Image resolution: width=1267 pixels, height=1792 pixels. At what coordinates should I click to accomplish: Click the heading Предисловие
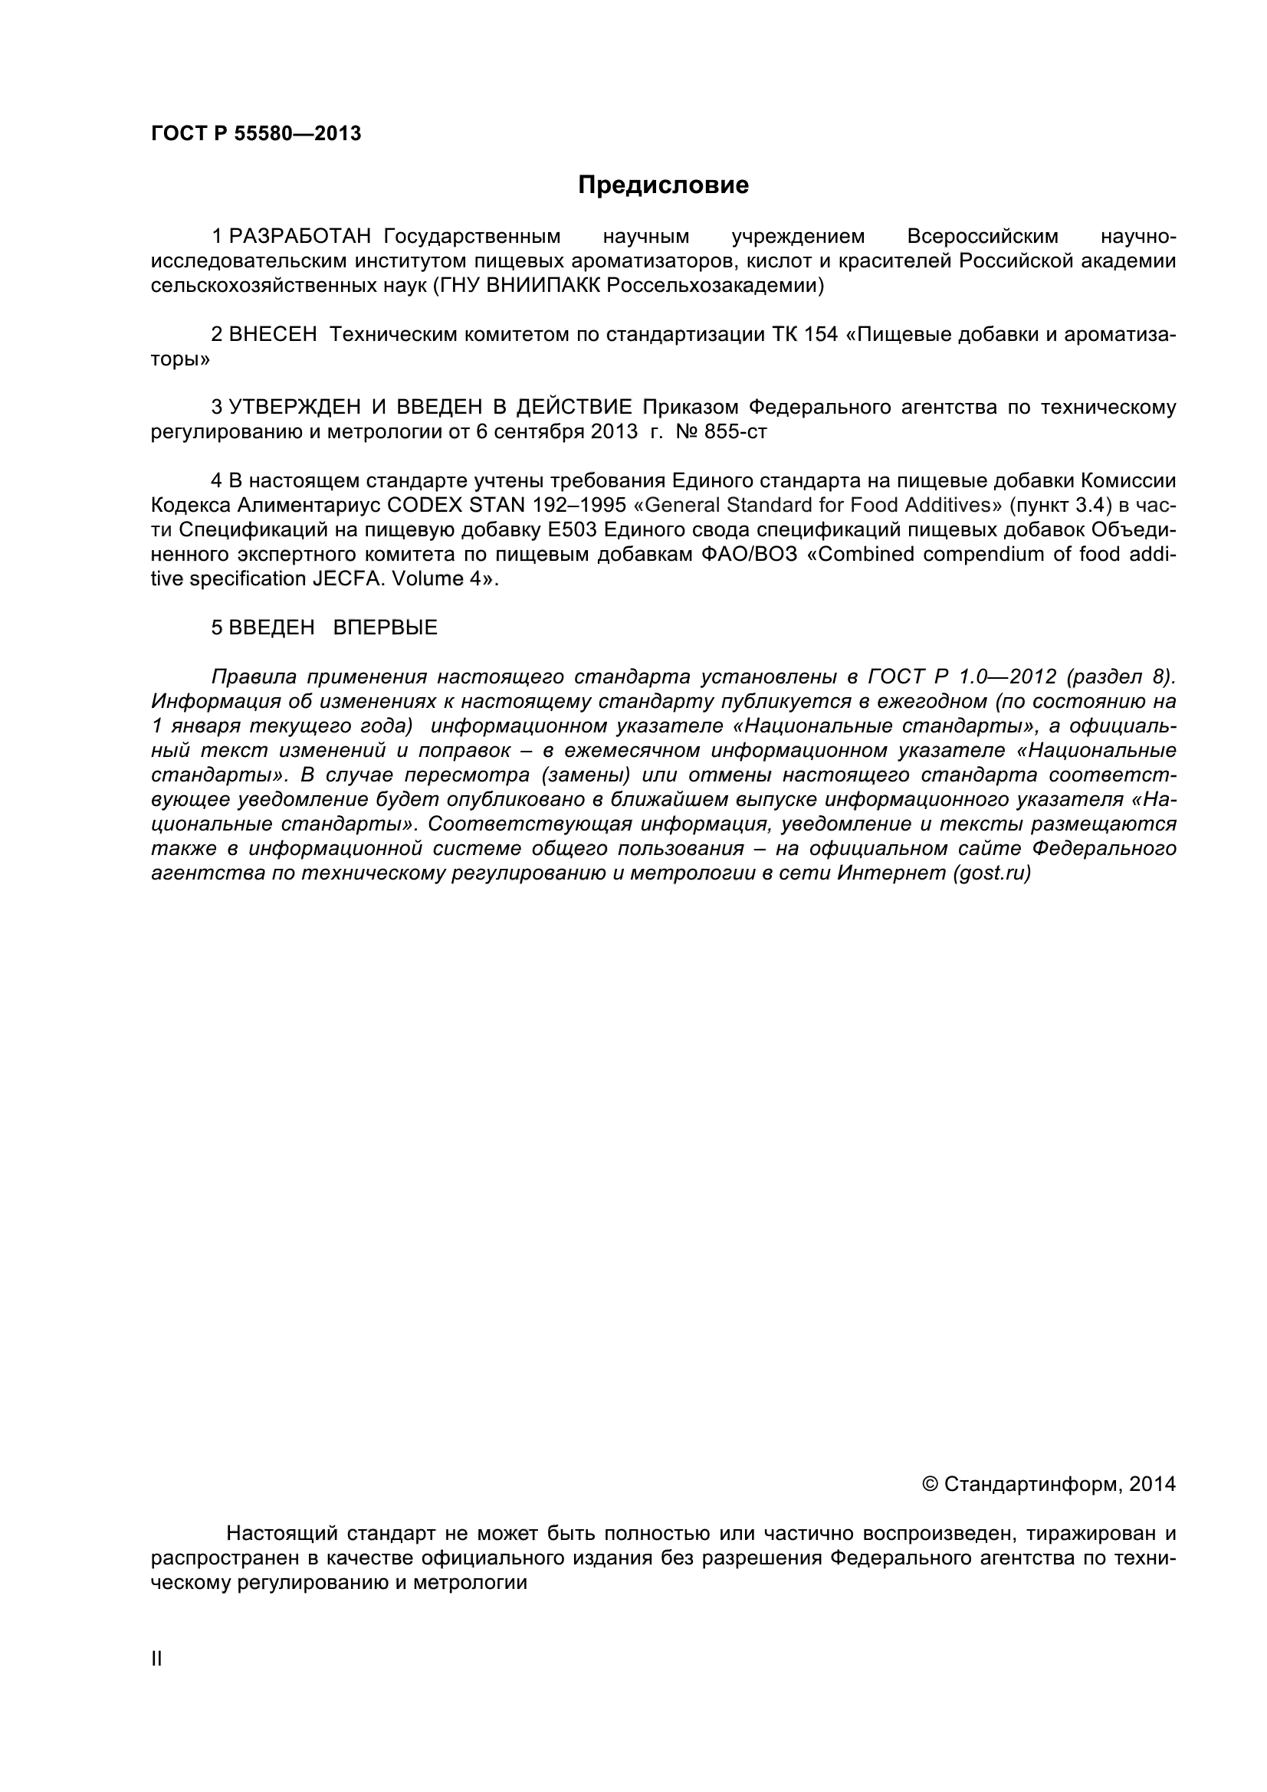point(663,185)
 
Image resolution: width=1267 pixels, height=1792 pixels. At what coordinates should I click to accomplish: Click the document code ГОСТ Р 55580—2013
point(256,134)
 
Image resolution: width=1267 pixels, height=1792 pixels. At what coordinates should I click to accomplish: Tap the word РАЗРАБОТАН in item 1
point(300,237)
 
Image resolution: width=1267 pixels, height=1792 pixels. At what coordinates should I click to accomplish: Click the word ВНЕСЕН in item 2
point(273,335)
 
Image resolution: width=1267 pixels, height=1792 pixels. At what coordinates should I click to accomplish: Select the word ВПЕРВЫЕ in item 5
point(385,627)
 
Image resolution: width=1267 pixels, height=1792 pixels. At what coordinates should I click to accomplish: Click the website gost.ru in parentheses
point(991,873)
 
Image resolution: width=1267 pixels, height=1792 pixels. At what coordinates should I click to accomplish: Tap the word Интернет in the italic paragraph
point(891,873)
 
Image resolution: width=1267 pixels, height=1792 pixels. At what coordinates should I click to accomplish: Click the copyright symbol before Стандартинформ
point(931,1484)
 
